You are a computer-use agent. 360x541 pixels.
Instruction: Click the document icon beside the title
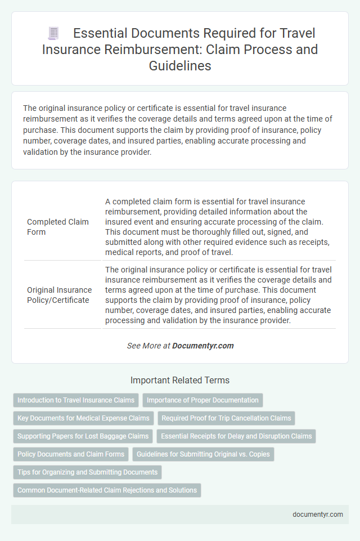(53, 34)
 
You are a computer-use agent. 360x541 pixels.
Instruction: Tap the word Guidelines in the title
(179, 65)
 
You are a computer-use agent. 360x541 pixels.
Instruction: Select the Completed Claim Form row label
(58, 226)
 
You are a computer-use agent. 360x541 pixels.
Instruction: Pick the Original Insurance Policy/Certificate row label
(60, 295)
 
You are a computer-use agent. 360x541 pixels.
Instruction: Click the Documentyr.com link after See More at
(203, 346)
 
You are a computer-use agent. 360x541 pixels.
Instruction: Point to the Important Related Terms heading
(180, 380)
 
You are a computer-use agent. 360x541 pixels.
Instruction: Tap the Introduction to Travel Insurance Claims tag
(76, 400)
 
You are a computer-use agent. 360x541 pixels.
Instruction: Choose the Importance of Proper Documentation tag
(202, 400)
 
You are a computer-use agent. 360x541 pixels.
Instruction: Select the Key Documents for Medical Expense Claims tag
(83, 418)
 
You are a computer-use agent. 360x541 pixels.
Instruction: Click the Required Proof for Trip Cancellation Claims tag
(226, 418)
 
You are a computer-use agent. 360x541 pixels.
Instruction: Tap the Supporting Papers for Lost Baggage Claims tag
(83, 436)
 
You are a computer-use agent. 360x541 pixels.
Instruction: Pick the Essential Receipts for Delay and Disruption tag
(236, 436)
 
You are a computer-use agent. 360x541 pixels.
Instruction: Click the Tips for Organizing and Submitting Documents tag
(87, 472)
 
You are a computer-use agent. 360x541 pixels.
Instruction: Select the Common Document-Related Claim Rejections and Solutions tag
(107, 490)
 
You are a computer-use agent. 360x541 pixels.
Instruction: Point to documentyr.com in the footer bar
(317, 514)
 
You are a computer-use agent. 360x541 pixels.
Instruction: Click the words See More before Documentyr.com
(144, 346)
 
